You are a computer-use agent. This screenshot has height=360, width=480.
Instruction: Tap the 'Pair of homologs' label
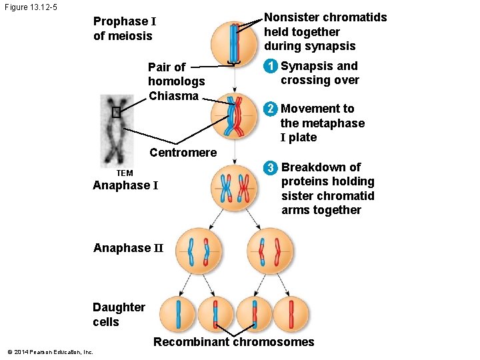tap(176, 74)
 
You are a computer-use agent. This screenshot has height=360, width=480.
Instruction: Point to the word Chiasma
tap(173, 96)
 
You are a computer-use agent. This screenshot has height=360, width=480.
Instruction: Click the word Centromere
tap(183, 153)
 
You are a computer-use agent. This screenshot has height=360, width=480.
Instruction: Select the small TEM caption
tap(115, 173)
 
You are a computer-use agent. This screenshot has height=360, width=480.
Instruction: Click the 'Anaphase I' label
tap(125, 185)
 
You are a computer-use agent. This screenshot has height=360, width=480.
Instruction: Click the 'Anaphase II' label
tap(128, 248)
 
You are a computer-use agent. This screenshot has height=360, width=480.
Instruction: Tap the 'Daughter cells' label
tap(119, 315)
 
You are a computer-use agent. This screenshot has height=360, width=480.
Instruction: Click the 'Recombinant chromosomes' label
tap(233, 342)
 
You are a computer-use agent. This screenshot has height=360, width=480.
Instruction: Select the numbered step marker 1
tap(270, 67)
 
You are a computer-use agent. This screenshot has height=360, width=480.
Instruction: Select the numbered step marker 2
tap(270, 109)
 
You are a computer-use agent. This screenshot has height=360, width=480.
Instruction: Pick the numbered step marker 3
tap(271, 167)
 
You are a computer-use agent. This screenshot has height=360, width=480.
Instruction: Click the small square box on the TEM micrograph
tap(117, 112)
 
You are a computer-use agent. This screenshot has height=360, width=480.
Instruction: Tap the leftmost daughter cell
tap(177, 314)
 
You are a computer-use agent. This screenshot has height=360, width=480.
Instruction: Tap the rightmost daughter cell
tap(293, 314)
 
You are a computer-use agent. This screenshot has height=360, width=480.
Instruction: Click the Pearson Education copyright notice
tap(50, 352)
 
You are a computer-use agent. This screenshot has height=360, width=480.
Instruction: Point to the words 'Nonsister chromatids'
tap(325, 18)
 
